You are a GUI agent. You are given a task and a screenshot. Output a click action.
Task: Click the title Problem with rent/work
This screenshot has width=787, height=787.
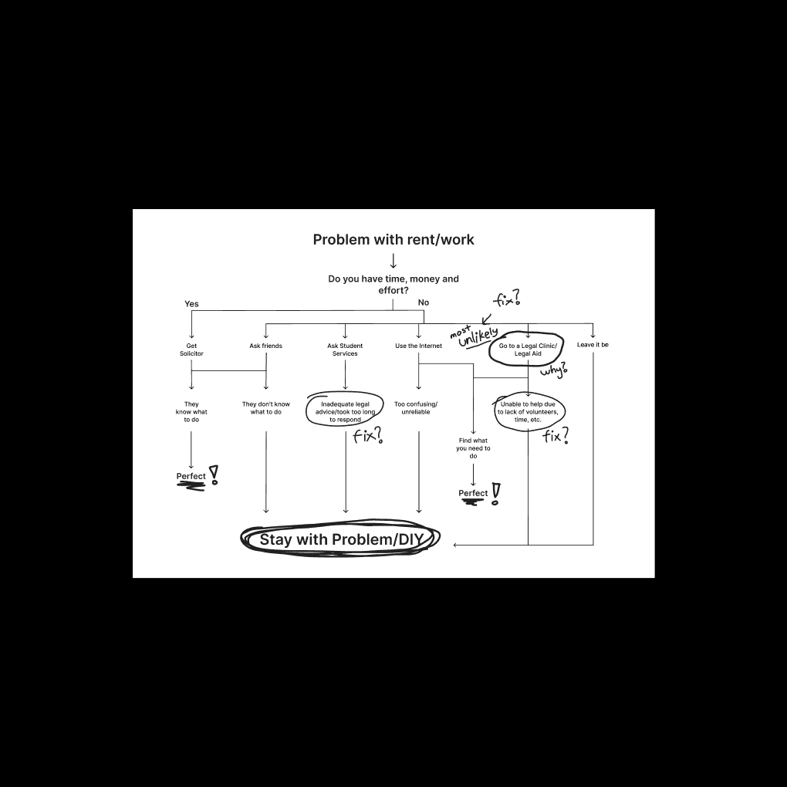(x=393, y=240)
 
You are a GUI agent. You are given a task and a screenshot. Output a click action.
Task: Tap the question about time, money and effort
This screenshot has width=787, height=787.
(x=393, y=285)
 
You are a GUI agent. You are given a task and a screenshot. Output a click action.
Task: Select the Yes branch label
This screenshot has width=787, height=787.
(x=191, y=304)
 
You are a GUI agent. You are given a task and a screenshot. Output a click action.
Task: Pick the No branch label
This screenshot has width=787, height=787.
(x=424, y=302)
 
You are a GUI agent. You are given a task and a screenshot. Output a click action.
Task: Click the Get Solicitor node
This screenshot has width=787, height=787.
(x=191, y=350)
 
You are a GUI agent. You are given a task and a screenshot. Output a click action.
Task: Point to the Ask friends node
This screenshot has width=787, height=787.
(x=266, y=346)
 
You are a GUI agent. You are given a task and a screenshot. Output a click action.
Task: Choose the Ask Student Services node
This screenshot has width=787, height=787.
(x=345, y=350)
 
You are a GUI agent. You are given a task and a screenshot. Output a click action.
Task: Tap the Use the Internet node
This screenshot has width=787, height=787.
(x=419, y=346)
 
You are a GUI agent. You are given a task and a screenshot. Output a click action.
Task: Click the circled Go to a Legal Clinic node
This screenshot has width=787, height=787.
(x=528, y=350)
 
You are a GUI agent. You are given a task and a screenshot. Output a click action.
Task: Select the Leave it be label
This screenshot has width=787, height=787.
(x=593, y=345)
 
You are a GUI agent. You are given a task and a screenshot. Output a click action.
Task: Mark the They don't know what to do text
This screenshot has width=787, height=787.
(x=266, y=408)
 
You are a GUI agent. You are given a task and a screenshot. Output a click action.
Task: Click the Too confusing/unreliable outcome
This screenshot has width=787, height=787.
(x=416, y=408)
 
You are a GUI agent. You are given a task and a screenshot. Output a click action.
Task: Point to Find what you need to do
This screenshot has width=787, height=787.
(x=473, y=448)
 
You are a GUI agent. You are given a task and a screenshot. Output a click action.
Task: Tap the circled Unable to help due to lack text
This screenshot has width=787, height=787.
(x=528, y=412)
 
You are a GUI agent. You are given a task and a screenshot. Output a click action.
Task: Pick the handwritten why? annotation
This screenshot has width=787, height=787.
(x=553, y=370)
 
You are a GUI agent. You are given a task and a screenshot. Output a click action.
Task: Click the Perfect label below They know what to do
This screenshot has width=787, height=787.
(x=191, y=477)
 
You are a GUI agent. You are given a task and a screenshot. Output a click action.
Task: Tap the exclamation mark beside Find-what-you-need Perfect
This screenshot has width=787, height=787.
(x=495, y=492)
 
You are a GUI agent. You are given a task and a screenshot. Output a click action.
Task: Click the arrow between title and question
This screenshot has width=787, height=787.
(x=393, y=261)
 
